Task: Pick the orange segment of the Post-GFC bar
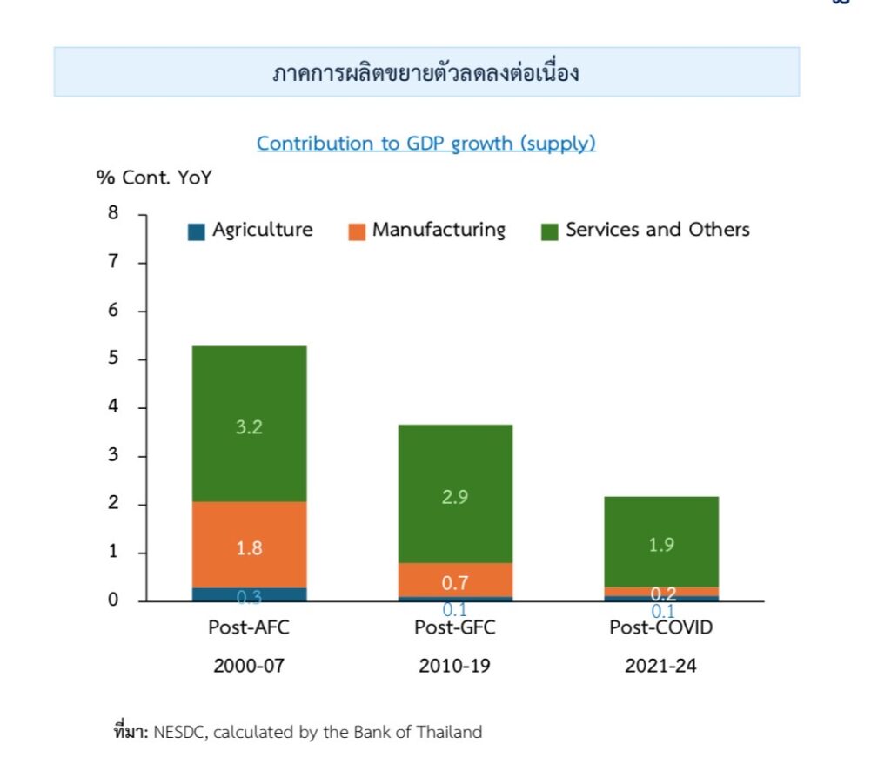[x=455, y=580]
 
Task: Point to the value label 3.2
[x=249, y=428]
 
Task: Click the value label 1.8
[x=249, y=549]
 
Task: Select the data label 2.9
[x=455, y=498]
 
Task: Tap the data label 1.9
[x=661, y=546]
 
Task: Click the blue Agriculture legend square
[x=197, y=231]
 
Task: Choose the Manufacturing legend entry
[x=438, y=230]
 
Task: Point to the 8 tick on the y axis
[x=114, y=213]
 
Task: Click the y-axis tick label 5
[x=114, y=359]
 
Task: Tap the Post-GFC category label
[x=455, y=627]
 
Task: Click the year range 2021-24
[x=661, y=667]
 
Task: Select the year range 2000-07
[x=249, y=667]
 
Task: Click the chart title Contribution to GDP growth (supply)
[x=426, y=144]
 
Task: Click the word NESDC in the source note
[x=178, y=732]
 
